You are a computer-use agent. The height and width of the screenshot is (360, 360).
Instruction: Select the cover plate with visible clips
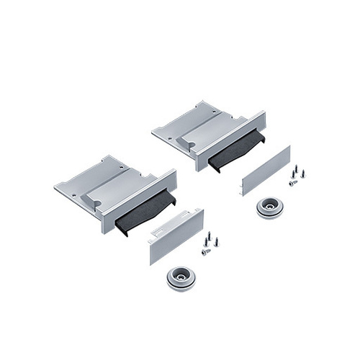pos(176,235)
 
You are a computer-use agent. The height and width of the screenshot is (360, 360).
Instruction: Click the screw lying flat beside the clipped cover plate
pos(206,252)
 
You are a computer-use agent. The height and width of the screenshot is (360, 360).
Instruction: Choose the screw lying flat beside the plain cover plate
pos(293,183)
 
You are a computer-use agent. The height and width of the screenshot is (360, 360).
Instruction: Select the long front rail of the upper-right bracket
pos(231,140)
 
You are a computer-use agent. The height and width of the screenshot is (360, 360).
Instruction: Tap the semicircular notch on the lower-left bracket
pos(95,204)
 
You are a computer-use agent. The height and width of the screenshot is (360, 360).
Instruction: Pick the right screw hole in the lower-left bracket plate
pos(122,166)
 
